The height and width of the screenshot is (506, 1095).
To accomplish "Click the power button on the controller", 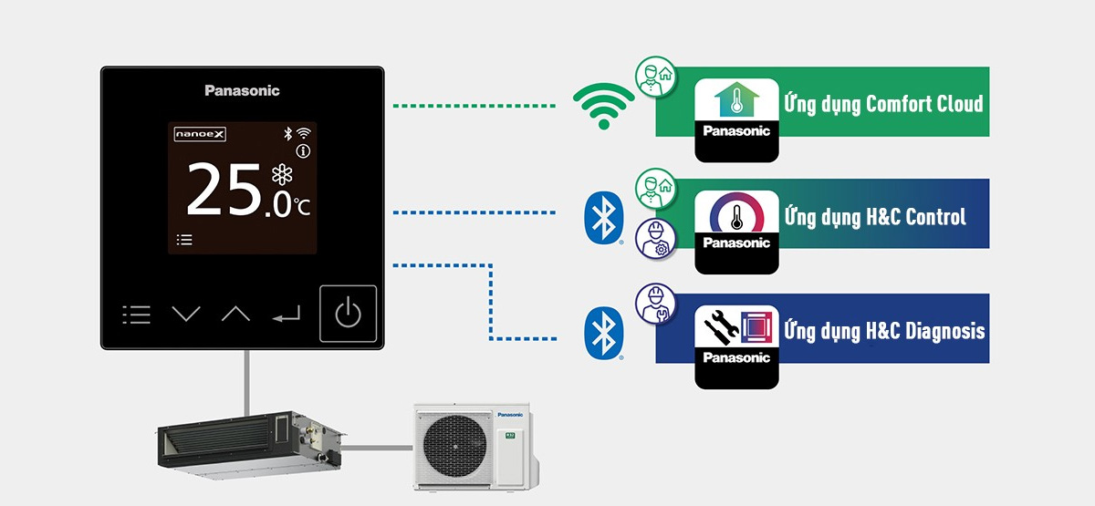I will pyautogui.click(x=348, y=315).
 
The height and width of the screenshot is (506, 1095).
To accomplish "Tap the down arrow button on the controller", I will pyautogui.click(x=186, y=315).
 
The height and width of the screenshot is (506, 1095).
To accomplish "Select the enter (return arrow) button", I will pyautogui.click(x=286, y=315).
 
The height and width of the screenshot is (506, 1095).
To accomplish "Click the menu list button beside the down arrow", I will pyautogui.click(x=136, y=315).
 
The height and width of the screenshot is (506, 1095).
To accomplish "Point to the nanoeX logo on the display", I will pyautogui.click(x=200, y=135).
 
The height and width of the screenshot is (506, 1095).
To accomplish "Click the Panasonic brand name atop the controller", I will pyautogui.click(x=242, y=90).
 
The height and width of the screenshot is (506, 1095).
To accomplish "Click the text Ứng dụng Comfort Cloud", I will pyautogui.click(x=882, y=103).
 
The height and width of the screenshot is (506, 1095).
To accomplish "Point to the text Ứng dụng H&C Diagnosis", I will pyautogui.click(x=883, y=331).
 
